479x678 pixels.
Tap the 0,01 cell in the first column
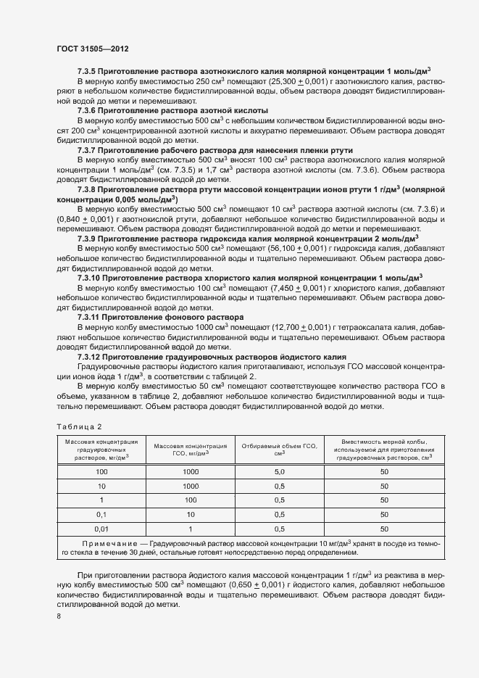(101, 529)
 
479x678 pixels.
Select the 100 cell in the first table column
(101, 471)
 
